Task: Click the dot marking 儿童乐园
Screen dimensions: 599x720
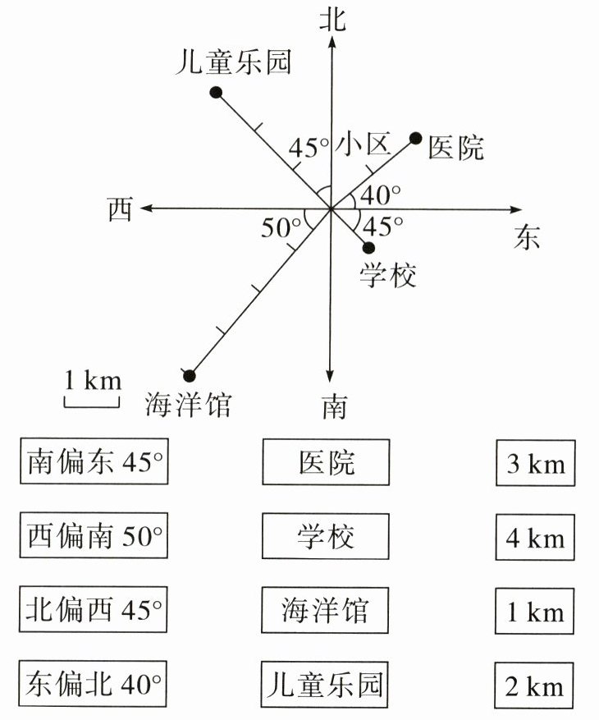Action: [x=217, y=93]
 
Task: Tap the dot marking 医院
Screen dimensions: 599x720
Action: [x=416, y=138]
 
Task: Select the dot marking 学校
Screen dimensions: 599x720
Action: [x=368, y=247]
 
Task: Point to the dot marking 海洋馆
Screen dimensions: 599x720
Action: [x=190, y=374]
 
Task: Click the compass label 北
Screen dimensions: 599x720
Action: [x=332, y=20]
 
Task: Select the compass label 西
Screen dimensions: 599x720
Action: [x=120, y=210]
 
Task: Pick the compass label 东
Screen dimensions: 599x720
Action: [x=528, y=237]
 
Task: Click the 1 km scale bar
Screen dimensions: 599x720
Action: [x=92, y=400]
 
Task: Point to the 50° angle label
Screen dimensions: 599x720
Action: [x=280, y=227]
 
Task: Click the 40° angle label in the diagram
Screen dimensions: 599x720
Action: [x=380, y=195]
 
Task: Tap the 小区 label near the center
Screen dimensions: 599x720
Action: [x=359, y=145]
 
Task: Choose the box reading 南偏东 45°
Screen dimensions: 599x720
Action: [x=93, y=462]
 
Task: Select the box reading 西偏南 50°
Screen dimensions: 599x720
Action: [x=93, y=537]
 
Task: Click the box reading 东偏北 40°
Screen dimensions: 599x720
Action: [x=93, y=683]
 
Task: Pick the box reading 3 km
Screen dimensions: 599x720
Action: [x=536, y=464]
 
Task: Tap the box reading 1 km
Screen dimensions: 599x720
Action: [x=536, y=612]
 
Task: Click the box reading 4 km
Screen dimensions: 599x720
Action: [x=536, y=539]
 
